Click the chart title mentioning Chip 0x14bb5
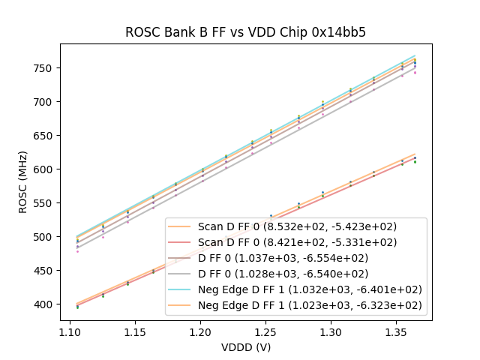245,32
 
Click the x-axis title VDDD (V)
245,347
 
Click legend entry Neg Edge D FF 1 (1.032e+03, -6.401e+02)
310,289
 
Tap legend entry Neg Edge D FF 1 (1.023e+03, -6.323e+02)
310,305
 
